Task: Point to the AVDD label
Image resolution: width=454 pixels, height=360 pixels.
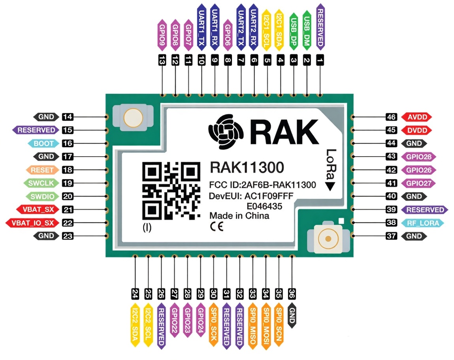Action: (x=417, y=117)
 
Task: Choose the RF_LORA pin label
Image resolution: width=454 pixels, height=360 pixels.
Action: (x=422, y=223)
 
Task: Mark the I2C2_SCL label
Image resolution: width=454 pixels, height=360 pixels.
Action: (x=148, y=324)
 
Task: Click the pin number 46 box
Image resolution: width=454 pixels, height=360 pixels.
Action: (x=391, y=117)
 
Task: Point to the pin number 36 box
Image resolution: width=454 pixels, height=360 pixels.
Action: (x=292, y=294)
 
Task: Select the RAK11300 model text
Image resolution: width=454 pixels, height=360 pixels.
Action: (x=247, y=168)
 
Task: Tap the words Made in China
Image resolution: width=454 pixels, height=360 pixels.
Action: (x=239, y=216)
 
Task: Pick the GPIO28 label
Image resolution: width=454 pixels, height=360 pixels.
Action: (x=418, y=157)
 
